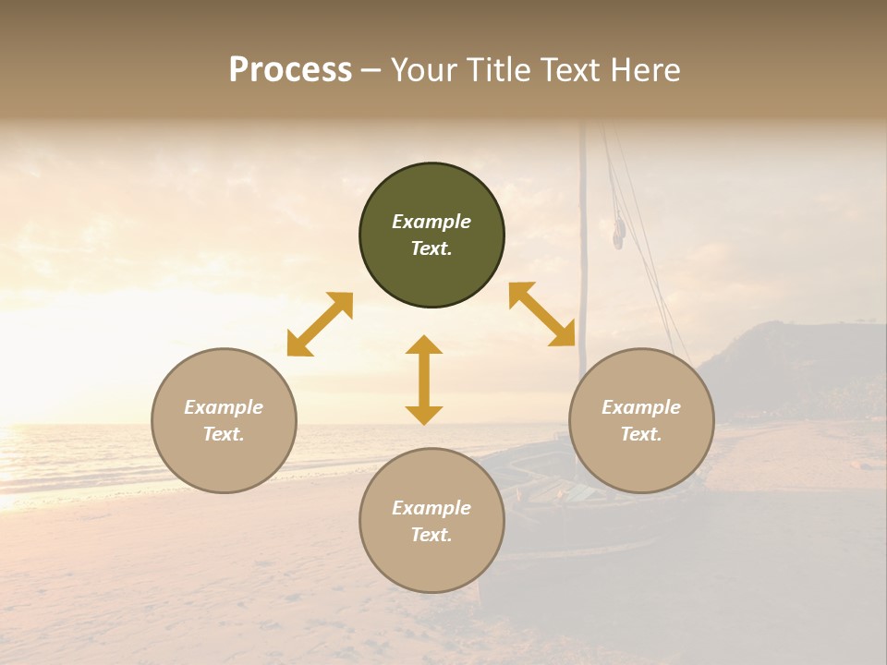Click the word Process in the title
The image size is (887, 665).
click(290, 70)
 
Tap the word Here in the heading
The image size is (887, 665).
click(645, 70)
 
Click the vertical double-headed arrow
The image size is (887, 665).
click(424, 380)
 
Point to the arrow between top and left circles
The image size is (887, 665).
click(320, 324)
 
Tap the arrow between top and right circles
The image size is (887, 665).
click(542, 314)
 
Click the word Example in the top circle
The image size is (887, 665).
click(431, 222)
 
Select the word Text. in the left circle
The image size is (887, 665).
click(224, 434)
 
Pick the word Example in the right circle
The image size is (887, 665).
click(641, 407)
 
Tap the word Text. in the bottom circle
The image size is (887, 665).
click(431, 535)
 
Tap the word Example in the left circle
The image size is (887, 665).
click(224, 407)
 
